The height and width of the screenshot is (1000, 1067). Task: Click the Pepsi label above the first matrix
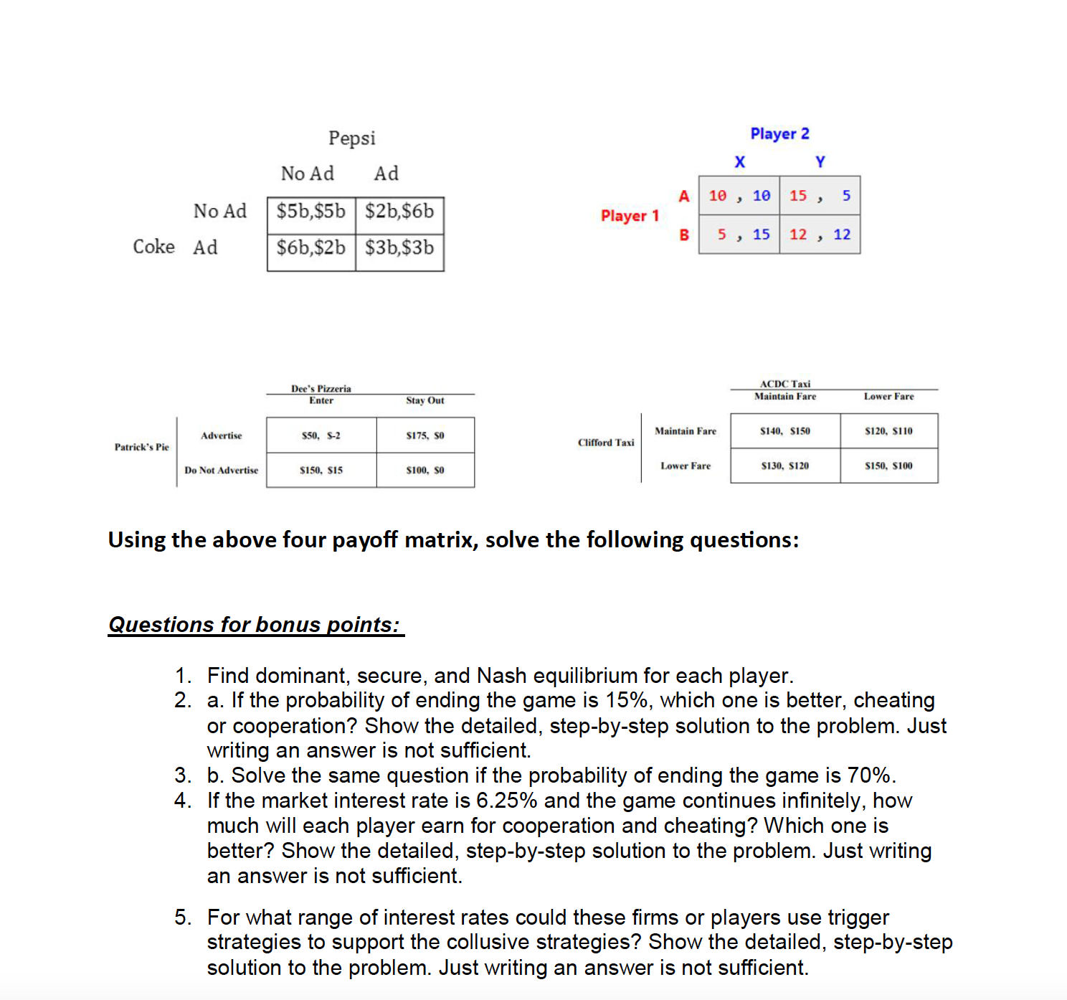[x=351, y=138]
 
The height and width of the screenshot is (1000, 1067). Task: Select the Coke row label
[x=153, y=247]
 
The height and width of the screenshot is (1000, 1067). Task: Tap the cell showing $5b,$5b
[x=310, y=212]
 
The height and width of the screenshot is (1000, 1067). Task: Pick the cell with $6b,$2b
[x=310, y=248]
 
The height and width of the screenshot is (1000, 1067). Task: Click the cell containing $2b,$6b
[x=399, y=212]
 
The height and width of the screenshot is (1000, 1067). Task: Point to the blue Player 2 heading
[x=779, y=134]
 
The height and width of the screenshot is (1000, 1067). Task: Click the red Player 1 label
[x=629, y=216]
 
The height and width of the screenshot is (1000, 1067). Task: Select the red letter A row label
[x=683, y=197]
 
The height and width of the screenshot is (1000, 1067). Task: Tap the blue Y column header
[x=820, y=162]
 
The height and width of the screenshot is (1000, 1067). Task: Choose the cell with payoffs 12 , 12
[x=820, y=235]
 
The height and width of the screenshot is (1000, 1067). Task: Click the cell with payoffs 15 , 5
[x=820, y=196]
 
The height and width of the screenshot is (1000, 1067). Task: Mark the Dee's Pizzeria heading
[x=321, y=389]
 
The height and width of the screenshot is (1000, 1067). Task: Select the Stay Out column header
[x=425, y=401]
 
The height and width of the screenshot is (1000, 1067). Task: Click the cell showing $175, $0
[x=425, y=435]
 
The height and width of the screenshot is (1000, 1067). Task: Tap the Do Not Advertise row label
[x=221, y=471]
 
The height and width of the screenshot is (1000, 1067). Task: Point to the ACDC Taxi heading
[x=784, y=385]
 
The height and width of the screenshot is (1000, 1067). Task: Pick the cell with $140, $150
[x=784, y=431]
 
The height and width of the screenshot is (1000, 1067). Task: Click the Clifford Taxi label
[x=606, y=443]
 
